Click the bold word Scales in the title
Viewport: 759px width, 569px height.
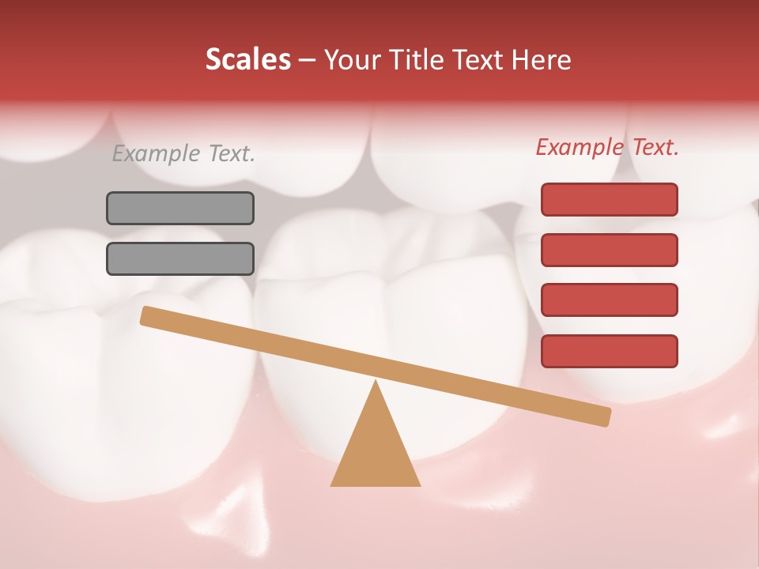[247, 59]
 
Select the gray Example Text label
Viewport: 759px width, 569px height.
[183, 153]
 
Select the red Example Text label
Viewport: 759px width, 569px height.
[607, 147]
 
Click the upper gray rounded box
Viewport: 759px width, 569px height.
[180, 208]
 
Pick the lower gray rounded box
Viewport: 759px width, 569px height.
[180, 258]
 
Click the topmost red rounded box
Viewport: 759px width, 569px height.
[609, 199]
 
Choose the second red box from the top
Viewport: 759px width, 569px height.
[609, 250]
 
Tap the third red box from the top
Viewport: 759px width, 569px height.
[609, 300]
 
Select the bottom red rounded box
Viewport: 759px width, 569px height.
[609, 351]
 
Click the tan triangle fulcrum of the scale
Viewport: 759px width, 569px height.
[376, 450]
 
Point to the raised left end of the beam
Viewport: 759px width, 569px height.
[147, 315]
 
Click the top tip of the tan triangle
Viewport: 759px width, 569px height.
[376, 383]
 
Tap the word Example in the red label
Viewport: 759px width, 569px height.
[580, 147]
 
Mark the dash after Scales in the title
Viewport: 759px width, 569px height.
[307, 60]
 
